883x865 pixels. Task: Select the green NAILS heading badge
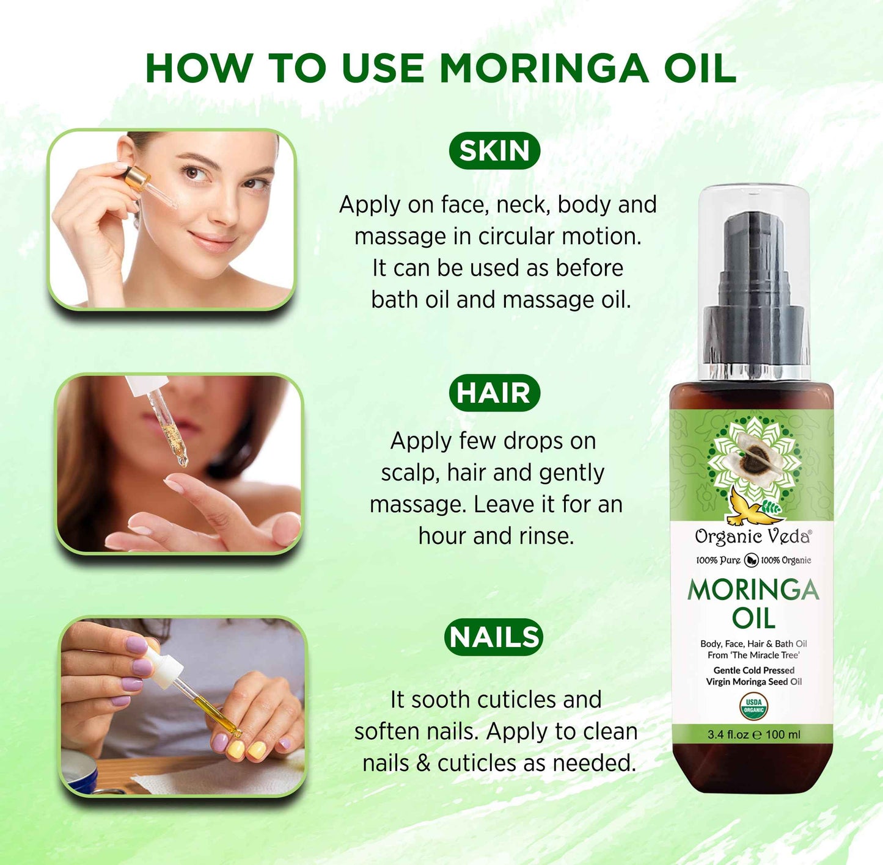pyautogui.click(x=494, y=637)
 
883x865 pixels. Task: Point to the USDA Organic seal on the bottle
pyautogui.click(x=753, y=706)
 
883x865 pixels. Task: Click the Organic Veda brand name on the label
pyautogui.click(x=753, y=537)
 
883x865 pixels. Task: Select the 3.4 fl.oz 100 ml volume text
pyautogui.click(x=753, y=734)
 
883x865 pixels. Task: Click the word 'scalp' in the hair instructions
pyautogui.click(x=410, y=473)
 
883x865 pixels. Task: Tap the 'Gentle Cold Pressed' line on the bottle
pyautogui.click(x=753, y=670)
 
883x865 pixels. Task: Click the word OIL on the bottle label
pyautogui.click(x=753, y=618)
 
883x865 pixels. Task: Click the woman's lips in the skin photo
pyautogui.click(x=212, y=241)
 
